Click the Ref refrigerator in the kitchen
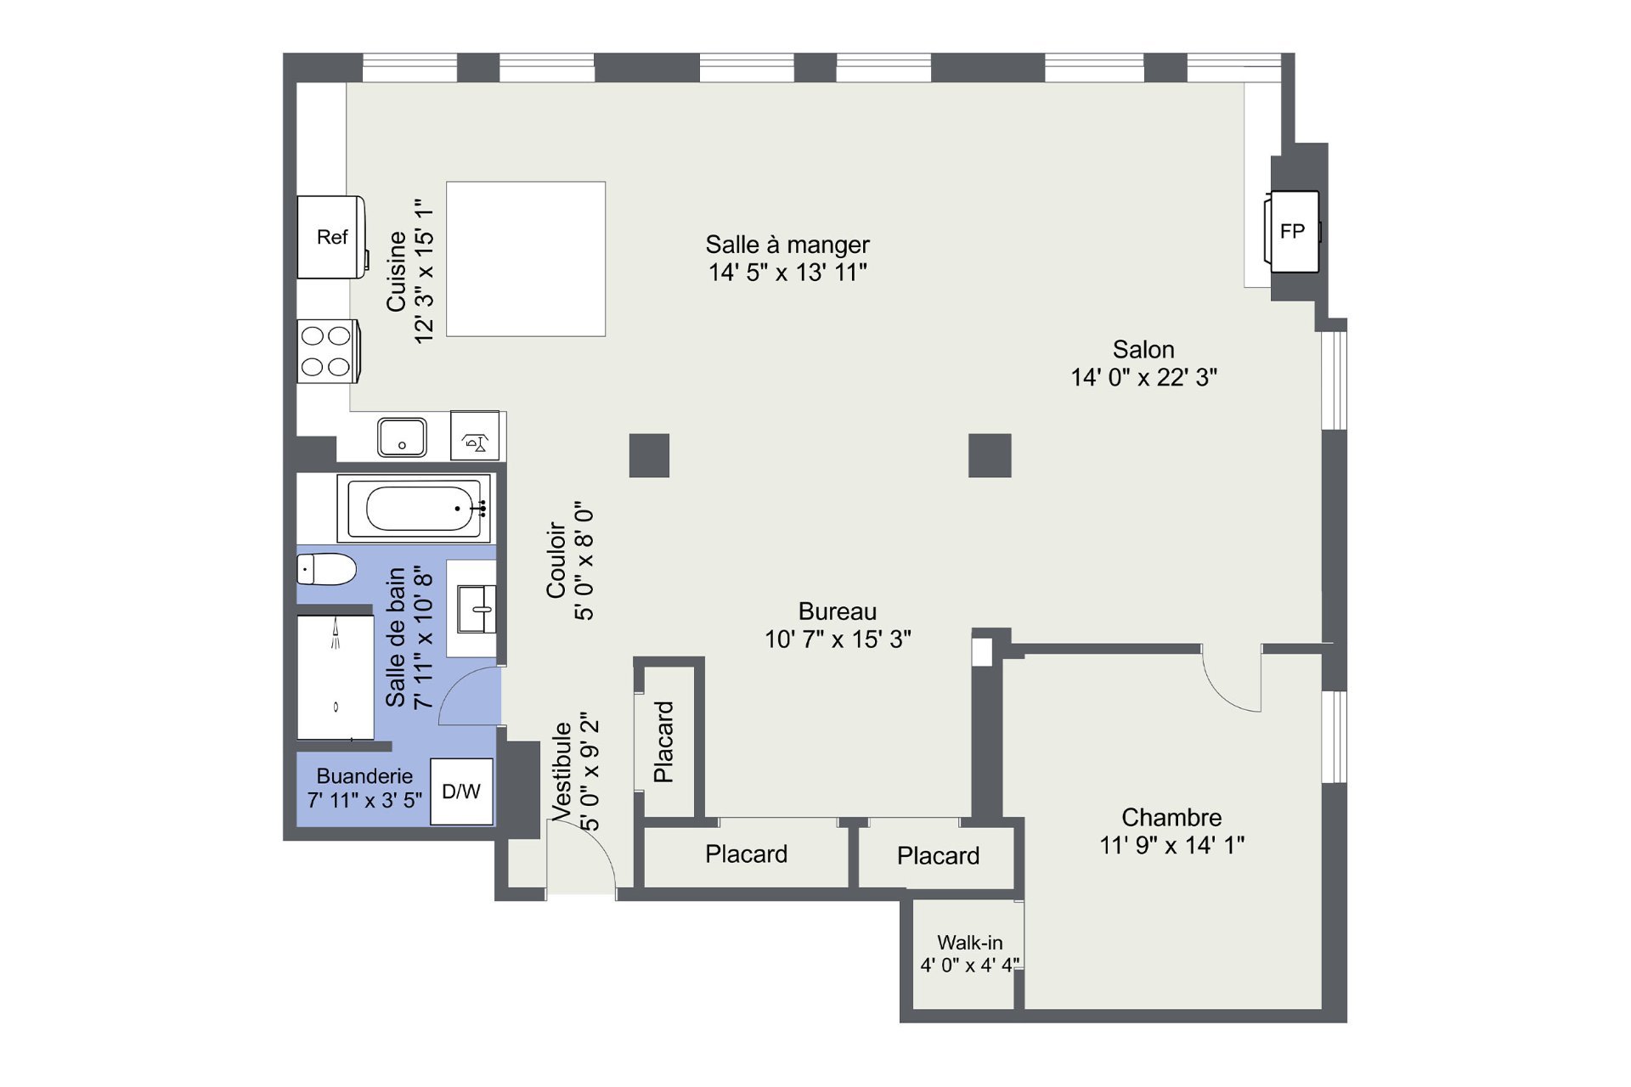(x=332, y=237)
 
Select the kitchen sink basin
(x=402, y=437)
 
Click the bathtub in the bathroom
(x=415, y=508)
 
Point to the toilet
(x=326, y=569)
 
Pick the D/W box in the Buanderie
(x=461, y=791)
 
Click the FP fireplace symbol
(x=1292, y=231)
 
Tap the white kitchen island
(x=526, y=259)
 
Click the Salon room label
(x=1143, y=349)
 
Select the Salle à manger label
(x=787, y=245)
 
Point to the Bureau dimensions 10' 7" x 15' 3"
(x=838, y=639)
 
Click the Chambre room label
(x=1171, y=817)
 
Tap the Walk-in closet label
(x=970, y=943)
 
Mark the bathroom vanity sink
(x=477, y=609)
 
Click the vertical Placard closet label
(x=663, y=741)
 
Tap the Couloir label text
(x=556, y=560)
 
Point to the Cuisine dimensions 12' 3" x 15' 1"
(x=424, y=271)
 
